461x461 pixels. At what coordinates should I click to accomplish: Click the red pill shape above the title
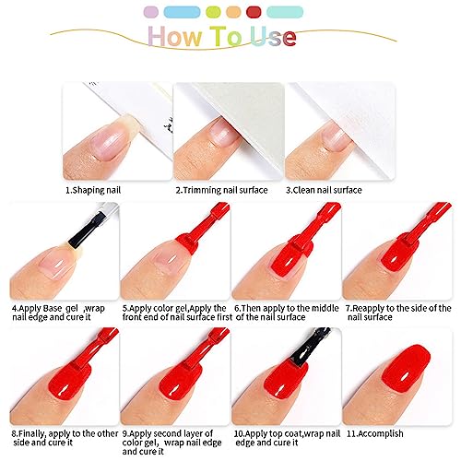coord(254,12)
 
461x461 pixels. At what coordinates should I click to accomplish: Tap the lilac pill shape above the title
coord(151,12)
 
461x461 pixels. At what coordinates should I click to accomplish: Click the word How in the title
coord(175,37)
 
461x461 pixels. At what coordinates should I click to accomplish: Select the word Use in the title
coord(273,37)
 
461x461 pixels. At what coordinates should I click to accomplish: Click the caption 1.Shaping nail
coord(93,190)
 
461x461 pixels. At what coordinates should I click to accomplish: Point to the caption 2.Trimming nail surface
coord(221,190)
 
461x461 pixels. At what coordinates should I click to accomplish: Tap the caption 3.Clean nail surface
coord(324,190)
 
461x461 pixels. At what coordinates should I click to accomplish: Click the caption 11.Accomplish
coord(375,433)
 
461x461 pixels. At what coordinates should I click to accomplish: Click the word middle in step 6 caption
coord(325,308)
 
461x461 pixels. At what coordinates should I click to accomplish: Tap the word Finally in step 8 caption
coord(32,433)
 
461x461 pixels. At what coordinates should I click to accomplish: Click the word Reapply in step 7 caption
coord(368,309)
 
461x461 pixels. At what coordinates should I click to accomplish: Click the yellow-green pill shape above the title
coord(213,12)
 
